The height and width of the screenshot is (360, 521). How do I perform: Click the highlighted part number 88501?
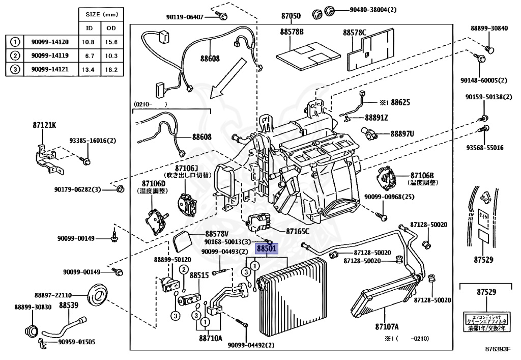coord(266,249)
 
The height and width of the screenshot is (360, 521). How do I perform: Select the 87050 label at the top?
coord(291,16)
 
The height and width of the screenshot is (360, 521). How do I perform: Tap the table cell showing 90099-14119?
coord(50,56)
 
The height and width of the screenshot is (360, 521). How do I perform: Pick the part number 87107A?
coord(387,326)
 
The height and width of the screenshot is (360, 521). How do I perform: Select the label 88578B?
coord(292,32)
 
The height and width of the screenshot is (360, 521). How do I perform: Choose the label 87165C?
coord(298,231)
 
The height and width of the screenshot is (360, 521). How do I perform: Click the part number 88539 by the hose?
coord(68,306)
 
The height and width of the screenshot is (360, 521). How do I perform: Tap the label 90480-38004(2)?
coord(372,9)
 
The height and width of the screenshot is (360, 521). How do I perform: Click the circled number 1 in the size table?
coord(16,42)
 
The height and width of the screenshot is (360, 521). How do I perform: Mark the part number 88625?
coord(400,102)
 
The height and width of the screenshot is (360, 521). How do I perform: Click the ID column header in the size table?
coord(89,28)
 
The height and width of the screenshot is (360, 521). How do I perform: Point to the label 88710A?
coord(210,338)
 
